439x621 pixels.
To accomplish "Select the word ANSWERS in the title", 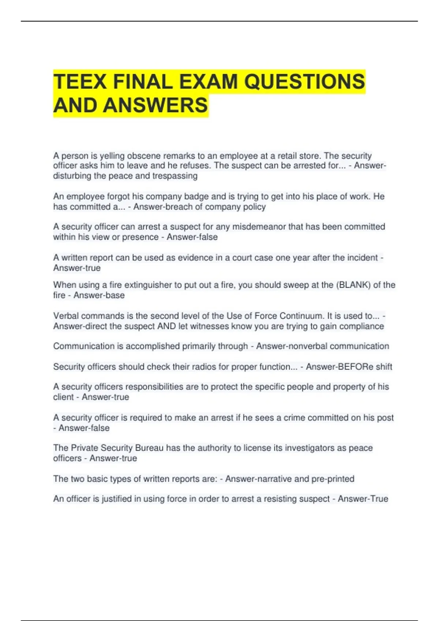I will point(155,105).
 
